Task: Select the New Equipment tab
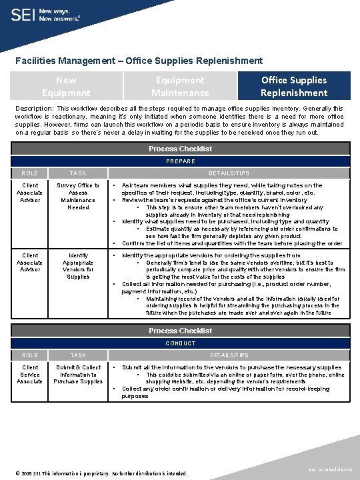[x=65, y=86]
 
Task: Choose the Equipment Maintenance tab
[x=179, y=86]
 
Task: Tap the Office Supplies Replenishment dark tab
[x=293, y=86]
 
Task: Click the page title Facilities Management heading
[x=139, y=60]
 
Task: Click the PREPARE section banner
[x=180, y=161]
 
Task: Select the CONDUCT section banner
[x=180, y=343]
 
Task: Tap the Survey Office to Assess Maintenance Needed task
[x=78, y=196]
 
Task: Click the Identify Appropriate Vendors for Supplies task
[x=78, y=265]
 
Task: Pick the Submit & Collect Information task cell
[x=78, y=374]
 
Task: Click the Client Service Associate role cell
[x=30, y=374]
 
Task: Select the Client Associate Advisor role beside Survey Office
[x=30, y=193]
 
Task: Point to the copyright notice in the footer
[x=93, y=473]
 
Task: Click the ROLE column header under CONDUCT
[x=30, y=355]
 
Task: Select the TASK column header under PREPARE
[x=78, y=173]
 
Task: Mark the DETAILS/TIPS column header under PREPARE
[x=229, y=173]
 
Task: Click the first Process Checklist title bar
[x=180, y=149]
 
